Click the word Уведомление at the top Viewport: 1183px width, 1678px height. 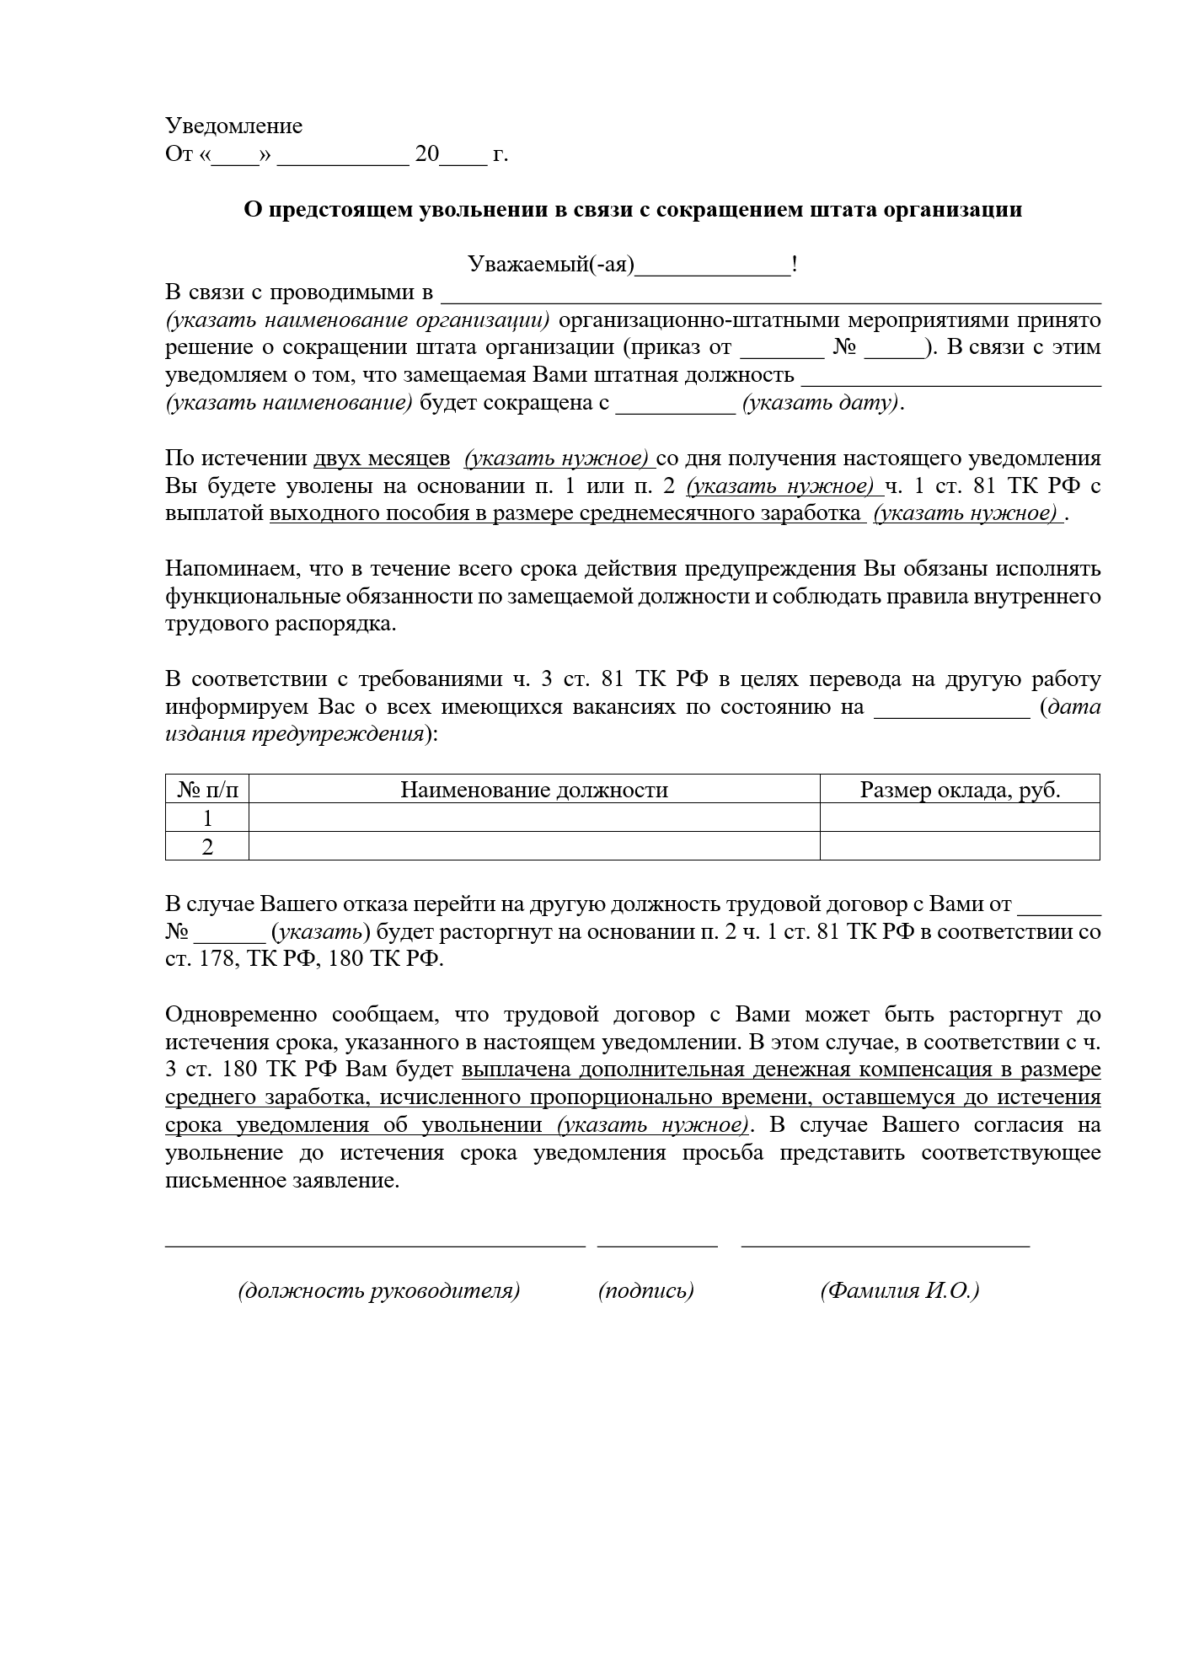tap(233, 126)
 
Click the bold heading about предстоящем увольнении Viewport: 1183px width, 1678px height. tap(633, 210)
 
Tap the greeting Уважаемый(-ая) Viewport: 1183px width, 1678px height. tap(550, 265)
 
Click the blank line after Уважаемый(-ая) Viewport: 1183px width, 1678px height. tap(713, 268)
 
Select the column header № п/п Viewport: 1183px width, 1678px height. tap(207, 790)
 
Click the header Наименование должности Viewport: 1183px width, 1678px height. tap(533, 790)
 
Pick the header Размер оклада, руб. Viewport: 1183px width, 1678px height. tap(959, 790)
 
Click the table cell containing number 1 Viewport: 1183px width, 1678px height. tap(207, 818)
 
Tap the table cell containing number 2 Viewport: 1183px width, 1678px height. tap(207, 846)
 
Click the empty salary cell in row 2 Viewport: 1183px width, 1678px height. tap(959, 846)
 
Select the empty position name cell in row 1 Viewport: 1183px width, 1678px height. tap(533, 818)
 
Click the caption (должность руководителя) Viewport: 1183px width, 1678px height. tap(378, 1290)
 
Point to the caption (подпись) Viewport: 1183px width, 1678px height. tap(645, 1290)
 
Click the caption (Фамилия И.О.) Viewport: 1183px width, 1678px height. tap(899, 1290)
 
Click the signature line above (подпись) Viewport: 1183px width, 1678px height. tap(657, 1244)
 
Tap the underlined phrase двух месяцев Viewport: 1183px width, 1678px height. tap(382, 458)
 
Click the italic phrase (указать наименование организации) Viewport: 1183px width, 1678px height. tap(357, 321)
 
